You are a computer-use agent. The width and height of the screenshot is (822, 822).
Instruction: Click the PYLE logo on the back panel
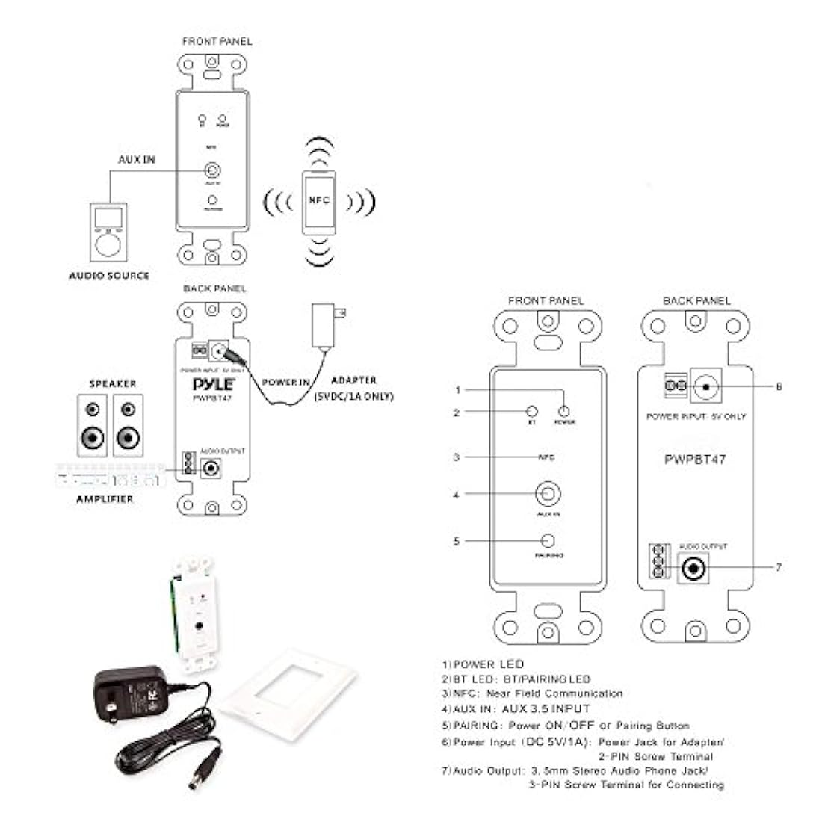click(x=213, y=384)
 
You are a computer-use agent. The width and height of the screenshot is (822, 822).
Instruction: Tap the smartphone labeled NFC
click(x=319, y=201)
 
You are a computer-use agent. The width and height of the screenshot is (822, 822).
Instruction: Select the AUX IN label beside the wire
click(x=137, y=160)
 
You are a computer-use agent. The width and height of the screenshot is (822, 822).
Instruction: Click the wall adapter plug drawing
click(x=327, y=327)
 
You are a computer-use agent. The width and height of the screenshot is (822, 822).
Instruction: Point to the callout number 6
click(x=779, y=387)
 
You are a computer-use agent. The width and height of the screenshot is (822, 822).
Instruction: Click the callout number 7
click(x=779, y=568)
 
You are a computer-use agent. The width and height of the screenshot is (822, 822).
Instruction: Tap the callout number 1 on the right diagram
click(x=457, y=390)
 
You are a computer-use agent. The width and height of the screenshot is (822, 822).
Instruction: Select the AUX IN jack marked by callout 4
click(x=548, y=495)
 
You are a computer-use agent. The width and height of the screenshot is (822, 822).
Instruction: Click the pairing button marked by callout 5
click(x=548, y=541)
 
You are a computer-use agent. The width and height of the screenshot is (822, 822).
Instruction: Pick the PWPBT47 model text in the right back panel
click(x=695, y=460)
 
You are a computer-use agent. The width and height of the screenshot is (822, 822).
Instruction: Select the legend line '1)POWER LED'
click(x=483, y=664)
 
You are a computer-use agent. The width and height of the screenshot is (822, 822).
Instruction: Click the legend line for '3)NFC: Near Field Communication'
click(x=531, y=693)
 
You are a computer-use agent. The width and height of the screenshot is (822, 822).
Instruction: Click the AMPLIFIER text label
click(x=105, y=499)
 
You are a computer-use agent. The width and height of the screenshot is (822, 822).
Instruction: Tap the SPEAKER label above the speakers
click(x=113, y=383)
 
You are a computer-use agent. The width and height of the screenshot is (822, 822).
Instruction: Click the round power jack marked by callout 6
click(x=706, y=387)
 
